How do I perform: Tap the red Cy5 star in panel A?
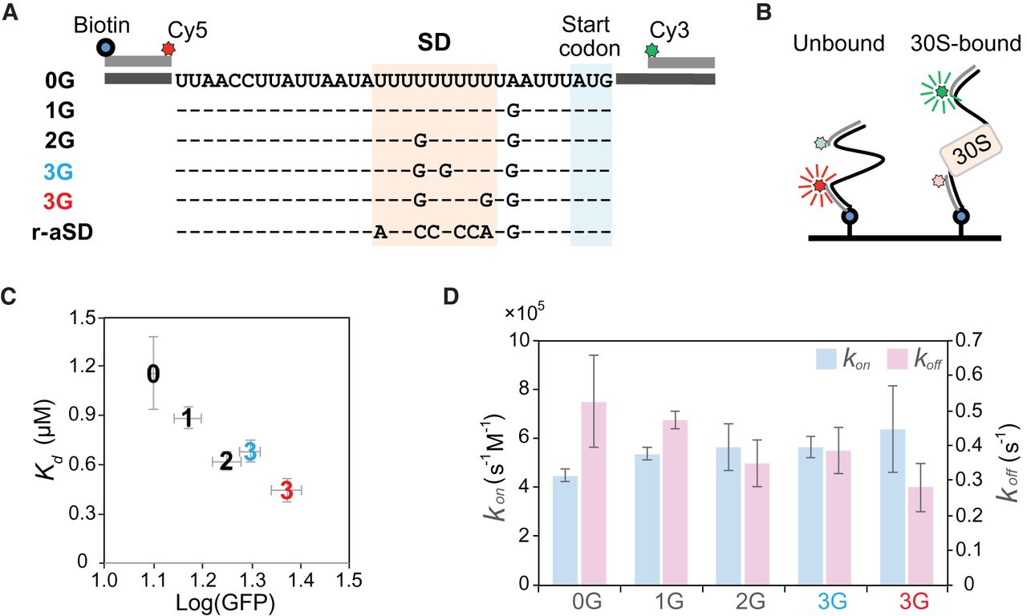(x=168, y=50)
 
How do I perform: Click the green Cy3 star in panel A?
(x=652, y=50)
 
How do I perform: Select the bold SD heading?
(x=434, y=38)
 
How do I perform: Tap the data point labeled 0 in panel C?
(x=153, y=374)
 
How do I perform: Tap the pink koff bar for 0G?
(x=595, y=492)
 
